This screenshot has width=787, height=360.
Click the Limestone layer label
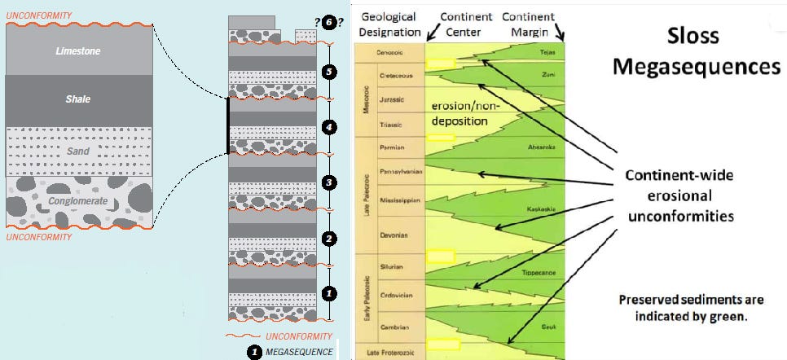click(x=79, y=50)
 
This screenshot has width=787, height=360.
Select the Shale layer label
click(x=79, y=99)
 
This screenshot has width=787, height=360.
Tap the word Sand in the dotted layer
click(x=78, y=151)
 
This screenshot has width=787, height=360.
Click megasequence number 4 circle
click(x=328, y=127)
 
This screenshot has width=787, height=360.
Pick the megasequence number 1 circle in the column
click(x=328, y=292)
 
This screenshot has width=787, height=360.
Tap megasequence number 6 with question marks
click(x=328, y=23)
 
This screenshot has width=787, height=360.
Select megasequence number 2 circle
click(x=328, y=239)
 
